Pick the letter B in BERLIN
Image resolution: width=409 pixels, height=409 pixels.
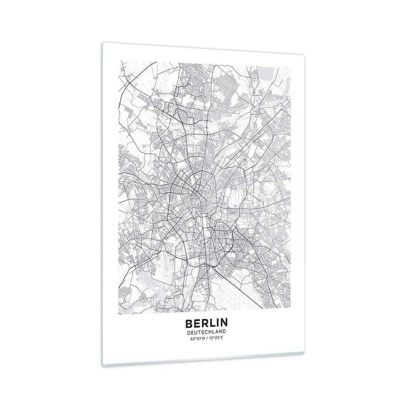[188, 322]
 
